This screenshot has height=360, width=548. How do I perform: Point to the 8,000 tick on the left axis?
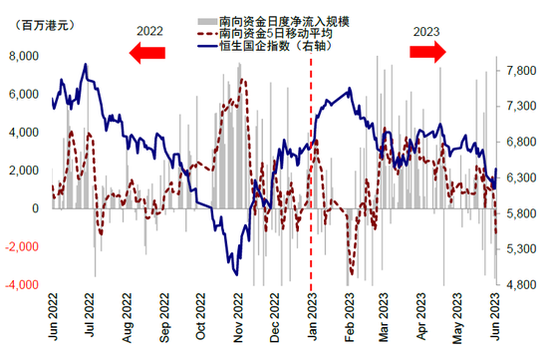click(x=23, y=57)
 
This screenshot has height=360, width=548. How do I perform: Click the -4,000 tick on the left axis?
click(x=21, y=284)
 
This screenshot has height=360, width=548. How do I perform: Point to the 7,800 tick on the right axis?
click(x=522, y=70)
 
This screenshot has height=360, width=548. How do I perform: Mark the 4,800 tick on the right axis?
click(x=522, y=284)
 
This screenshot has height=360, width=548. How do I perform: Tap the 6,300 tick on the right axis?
click(x=522, y=178)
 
